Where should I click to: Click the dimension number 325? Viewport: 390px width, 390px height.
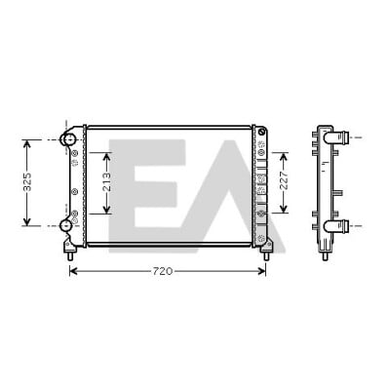click(27, 182)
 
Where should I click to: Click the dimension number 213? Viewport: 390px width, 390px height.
click(107, 181)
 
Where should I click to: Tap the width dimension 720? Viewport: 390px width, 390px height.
click(163, 271)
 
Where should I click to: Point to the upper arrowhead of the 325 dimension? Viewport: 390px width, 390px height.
click(27, 143)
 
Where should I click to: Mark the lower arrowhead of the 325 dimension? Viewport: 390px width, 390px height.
click(27, 222)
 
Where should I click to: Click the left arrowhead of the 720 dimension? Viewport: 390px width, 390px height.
click(73, 271)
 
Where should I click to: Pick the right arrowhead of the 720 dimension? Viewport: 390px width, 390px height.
click(262, 271)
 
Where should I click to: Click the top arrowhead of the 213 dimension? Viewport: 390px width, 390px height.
click(107, 156)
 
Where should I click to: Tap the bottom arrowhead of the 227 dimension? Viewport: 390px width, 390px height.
click(284, 209)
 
